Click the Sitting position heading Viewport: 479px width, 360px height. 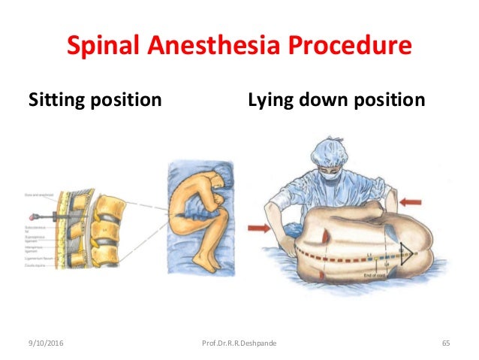tap(95, 99)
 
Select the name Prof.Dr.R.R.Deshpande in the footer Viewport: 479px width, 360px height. tap(239, 343)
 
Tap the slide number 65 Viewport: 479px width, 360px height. tap(445, 343)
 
